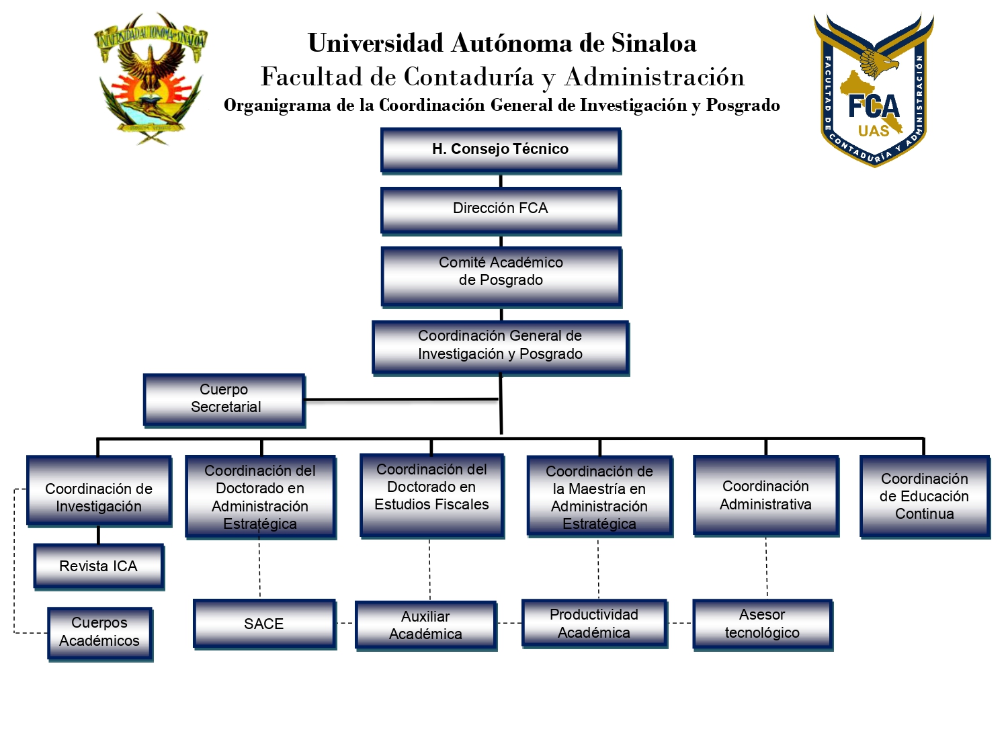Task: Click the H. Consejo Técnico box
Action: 501,150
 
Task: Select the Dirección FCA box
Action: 501,210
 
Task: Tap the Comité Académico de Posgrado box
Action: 501,276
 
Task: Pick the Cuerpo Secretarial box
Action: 224,399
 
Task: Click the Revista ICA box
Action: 99,566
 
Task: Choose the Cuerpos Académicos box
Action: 100,632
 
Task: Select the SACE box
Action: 264,624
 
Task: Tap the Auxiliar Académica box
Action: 426,625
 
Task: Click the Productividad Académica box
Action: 595,624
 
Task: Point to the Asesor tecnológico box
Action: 763,624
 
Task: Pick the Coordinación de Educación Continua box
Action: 925,496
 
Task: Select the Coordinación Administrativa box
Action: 766,495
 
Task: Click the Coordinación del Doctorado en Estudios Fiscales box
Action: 432,495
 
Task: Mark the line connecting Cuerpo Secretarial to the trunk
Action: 402,400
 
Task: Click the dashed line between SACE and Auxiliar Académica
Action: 345,623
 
